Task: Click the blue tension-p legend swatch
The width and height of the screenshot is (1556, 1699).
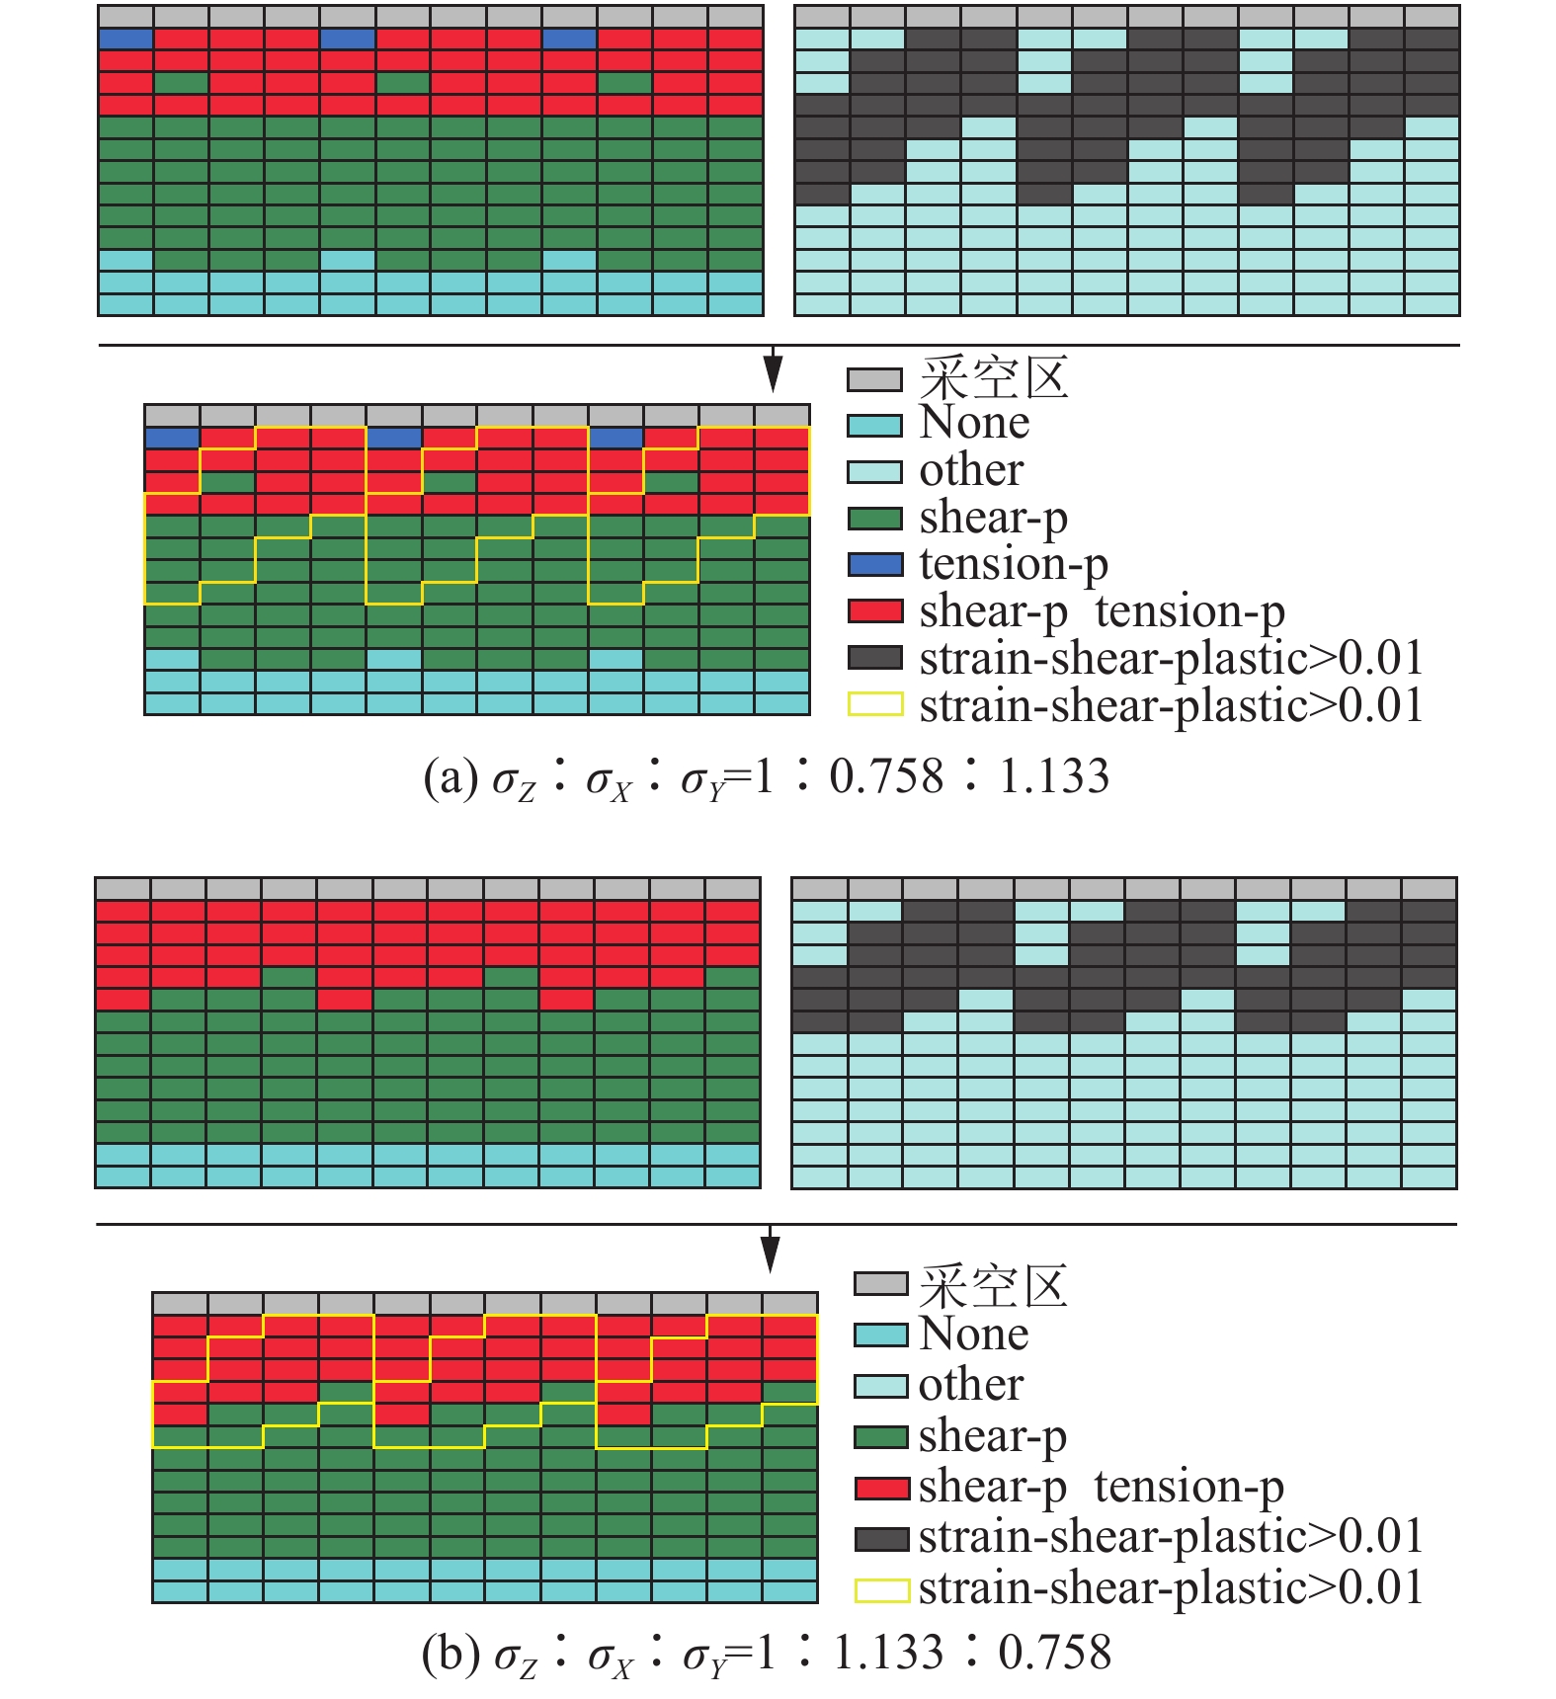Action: (x=874, y=565)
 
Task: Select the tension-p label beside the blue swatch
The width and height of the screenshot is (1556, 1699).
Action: (x=1014, y=564)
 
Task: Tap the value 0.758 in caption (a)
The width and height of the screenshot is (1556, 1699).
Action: (x=886, y=776)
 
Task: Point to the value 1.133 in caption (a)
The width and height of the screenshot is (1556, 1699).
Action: (x=1054, y=776)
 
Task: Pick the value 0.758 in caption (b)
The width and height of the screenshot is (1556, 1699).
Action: (x=1055, y=1653)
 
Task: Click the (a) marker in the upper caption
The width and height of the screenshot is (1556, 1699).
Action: (x=450, y=777)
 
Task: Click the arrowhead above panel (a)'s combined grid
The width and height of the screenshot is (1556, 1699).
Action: (x=774, y=376)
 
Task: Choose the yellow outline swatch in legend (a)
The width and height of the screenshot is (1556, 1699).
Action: (x=874, y=704)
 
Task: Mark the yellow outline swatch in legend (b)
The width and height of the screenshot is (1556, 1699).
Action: (x=881, y=1590)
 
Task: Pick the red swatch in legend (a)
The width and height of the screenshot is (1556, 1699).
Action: (x=874, y=611)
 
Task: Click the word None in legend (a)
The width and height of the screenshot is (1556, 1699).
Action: (x=974, y=423)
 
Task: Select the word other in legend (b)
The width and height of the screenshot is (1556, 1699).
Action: (x=970, y=1385)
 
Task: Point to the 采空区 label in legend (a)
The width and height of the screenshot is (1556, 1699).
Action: (x=994, y=378)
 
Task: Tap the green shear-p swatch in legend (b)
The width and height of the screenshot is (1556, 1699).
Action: (x=881, y=1437)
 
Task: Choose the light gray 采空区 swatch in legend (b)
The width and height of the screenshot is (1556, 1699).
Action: (x=881, y=1284)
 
